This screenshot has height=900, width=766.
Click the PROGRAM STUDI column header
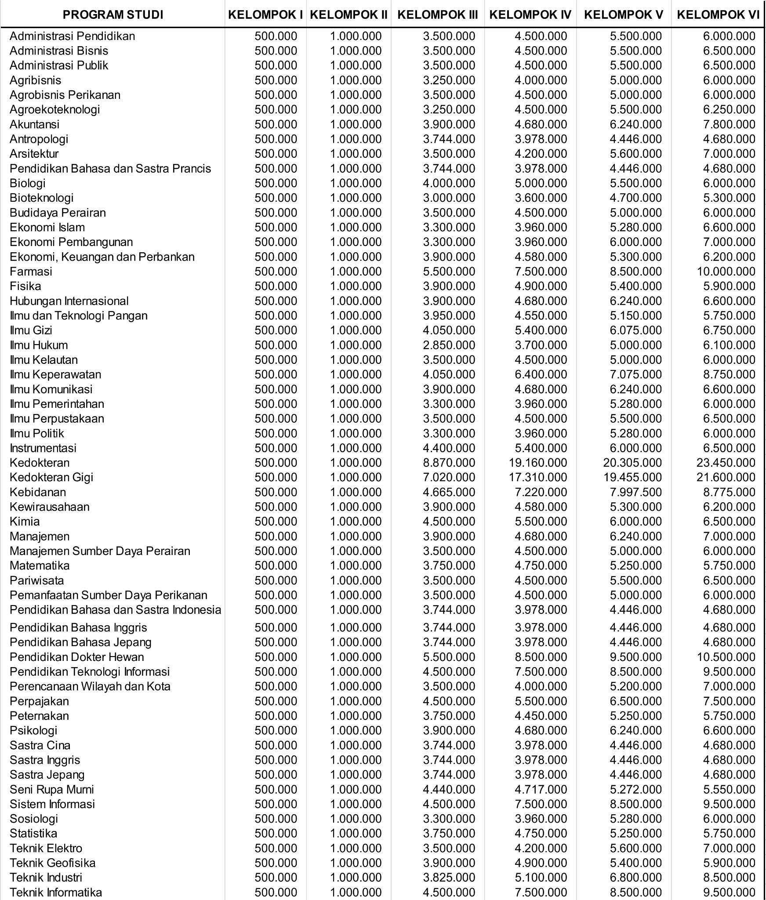coord(113,15)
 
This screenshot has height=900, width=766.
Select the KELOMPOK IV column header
coord(530,15)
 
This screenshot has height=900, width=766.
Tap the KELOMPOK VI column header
coord(718,15)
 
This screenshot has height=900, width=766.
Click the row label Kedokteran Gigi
coord(51,477)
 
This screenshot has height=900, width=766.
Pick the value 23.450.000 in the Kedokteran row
coord(726,463)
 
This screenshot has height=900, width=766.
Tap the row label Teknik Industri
coord(46,878)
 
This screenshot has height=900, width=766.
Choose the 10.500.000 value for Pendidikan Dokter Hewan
coord(726,657)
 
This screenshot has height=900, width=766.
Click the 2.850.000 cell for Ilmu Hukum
coord(449,345)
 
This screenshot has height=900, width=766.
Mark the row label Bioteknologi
coord(41,198)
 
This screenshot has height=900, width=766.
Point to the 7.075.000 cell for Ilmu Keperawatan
coord(635,374)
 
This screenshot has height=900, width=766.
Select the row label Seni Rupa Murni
coord(52,789)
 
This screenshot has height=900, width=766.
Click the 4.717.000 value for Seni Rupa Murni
coord(541,789)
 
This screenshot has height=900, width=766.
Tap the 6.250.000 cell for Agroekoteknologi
coord(729,109)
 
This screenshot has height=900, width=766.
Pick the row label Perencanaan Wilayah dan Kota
coord(90,686)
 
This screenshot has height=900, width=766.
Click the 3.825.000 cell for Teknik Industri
coord(449,878)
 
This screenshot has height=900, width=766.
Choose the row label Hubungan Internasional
coord(69,301)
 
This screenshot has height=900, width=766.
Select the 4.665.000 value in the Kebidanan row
coord(449,492)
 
